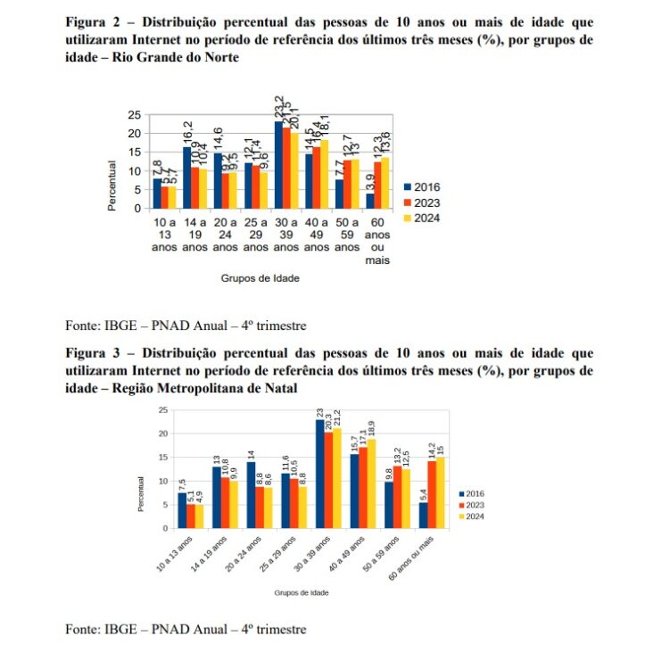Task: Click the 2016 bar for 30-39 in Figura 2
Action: pos(278,165)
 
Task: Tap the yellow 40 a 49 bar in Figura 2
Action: pos(324,174)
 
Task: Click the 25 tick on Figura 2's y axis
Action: pos(134,115)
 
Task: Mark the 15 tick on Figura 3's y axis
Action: pos(162,458)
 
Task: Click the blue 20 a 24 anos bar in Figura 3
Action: pos(252,494)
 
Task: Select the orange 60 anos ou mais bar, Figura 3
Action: pos(432,493)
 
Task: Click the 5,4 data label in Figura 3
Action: pos(421,490)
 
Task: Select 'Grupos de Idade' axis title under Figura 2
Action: pos(260,277)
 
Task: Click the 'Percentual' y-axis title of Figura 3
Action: pos(141,492)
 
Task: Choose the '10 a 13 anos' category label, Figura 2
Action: pos(164,235)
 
